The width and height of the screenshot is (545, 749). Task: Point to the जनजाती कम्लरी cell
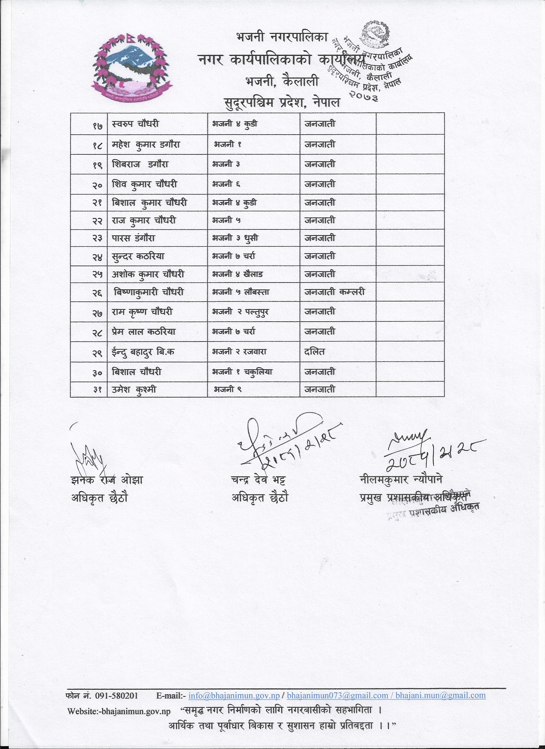(x=334, y=292)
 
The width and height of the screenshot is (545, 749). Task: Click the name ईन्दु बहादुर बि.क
(x=143, y=352)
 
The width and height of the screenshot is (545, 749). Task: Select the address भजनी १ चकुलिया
(x=242, y=372)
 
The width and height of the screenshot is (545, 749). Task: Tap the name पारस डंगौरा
(x=133, y=238)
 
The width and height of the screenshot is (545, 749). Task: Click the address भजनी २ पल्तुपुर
(x=240, y=312)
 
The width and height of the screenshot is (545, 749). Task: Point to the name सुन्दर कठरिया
(x=138, y=256)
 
